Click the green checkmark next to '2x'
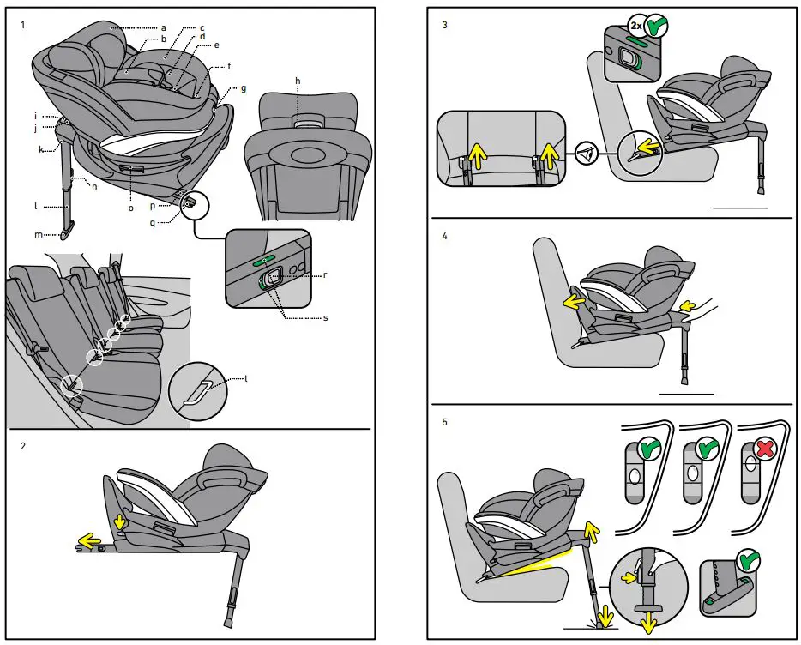click(658, 25)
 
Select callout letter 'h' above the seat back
click(298, 81)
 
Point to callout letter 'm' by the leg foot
click(38, 234)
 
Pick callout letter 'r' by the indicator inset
click(325, 275)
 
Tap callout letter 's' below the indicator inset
click(325, 318)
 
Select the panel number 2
click(24, 445)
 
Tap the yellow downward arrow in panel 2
click(121, 521)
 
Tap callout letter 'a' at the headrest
click(163, 27)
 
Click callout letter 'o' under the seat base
click(130, 207)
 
